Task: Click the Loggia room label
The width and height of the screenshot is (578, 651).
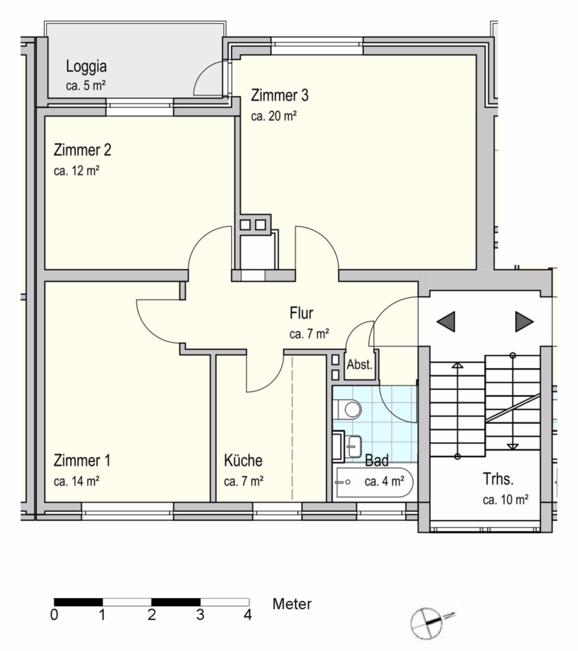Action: tap(86, 67)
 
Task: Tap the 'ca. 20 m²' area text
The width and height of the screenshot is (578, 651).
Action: tap(274, 116)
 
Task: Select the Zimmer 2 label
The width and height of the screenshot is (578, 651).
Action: tap(82, 150)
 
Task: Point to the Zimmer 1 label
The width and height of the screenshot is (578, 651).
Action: tap(82, 461)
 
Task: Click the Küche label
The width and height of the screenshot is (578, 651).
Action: tap(243, 461)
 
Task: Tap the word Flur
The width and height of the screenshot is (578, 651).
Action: tap(301, 313)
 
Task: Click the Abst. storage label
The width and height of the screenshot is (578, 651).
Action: tap(360, 365)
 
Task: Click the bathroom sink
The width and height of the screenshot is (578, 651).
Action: tap(353, 446)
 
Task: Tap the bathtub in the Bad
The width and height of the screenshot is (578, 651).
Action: tap(374, 482)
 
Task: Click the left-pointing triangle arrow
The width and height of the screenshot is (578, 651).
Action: tap(446, 321)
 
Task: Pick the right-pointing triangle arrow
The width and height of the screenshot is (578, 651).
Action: tap(524, 321)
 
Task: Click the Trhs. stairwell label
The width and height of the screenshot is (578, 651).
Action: tap(498, 479)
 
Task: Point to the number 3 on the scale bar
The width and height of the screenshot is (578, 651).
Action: tap(200, 614)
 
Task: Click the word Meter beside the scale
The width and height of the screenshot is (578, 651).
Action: tap(292, 604)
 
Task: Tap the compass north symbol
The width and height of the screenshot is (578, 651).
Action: tap(428, 623)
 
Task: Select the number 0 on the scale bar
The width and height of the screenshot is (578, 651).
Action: tap(54, 614)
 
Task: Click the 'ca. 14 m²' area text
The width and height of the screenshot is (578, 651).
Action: tap(77, 482)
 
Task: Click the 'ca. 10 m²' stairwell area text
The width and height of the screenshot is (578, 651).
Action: tap(506, 500)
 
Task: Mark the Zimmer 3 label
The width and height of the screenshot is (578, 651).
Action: tap(280, 95)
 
